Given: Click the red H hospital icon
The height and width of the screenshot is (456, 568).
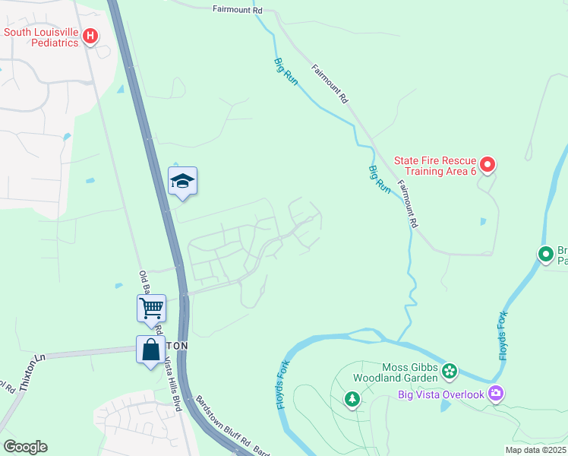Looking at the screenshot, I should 90,35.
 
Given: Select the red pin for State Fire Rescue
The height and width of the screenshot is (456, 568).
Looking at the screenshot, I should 488,163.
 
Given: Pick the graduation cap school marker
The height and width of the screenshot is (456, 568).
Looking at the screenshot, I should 182,182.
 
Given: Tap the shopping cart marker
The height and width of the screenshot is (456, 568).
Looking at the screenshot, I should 151,309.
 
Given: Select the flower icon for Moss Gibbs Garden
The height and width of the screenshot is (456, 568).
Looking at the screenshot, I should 450,371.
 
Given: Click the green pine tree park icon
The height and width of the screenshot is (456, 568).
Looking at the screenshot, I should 352,398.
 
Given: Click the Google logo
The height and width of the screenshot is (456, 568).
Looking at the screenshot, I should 25,447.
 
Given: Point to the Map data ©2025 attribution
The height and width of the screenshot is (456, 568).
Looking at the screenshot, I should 535,450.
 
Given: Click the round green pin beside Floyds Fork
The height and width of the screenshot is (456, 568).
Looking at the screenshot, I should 545,255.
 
